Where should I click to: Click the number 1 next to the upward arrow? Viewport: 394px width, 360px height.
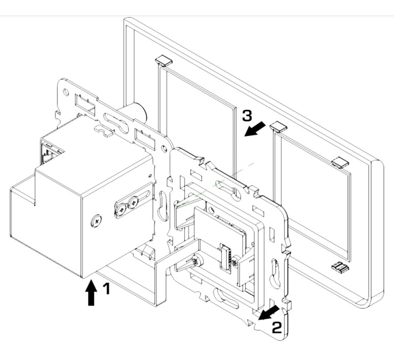point(106,289)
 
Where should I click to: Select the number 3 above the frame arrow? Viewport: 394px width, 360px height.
point(246,116)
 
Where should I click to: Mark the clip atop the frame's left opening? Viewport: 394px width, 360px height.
point(163,61)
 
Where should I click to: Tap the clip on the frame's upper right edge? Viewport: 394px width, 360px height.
point(341,162)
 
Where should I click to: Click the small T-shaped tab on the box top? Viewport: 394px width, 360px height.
point(104,131)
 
